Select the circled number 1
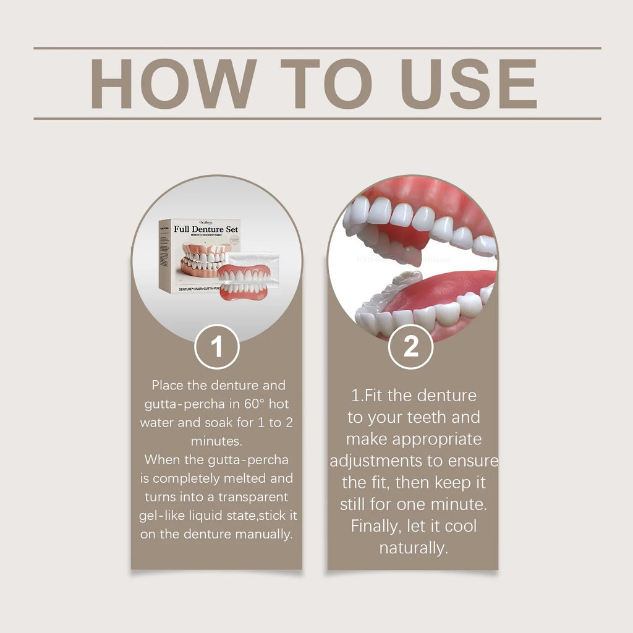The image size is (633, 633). (217, 347)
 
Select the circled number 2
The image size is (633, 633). (411, 347)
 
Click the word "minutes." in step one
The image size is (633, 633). (216, 441)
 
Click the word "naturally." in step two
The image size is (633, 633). (413, 548)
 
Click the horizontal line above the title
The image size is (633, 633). (316, 48)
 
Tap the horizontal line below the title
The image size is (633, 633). (316, 118)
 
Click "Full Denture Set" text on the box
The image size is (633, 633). (206, 229)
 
